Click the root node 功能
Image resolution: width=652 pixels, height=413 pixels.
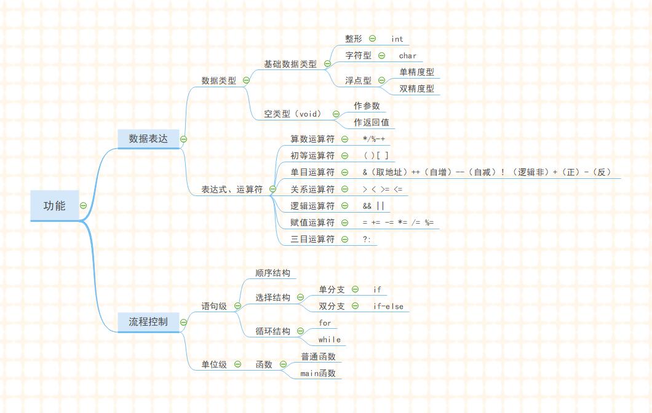54,206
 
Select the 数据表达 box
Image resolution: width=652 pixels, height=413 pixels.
148,139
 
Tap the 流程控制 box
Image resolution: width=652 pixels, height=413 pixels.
148,321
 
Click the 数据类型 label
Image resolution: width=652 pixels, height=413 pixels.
218,81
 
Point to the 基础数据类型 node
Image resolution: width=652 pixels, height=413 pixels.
290,64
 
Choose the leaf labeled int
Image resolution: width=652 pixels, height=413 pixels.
397,39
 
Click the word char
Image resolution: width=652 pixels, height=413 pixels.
407,56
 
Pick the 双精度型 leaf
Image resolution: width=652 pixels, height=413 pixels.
416,88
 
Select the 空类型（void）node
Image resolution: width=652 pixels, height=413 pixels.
293,114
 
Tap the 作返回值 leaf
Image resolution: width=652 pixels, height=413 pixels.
371,122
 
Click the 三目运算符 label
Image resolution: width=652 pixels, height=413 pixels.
312,239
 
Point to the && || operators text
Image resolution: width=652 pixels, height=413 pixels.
373,206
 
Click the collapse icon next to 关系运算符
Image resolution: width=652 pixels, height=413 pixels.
344,189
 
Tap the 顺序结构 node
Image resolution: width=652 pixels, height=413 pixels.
272,273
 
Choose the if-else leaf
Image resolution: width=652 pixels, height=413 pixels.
388,306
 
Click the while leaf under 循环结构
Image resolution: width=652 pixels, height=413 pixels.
329,339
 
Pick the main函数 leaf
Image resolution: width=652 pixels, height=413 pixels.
317,373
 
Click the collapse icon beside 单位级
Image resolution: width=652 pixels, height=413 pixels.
237,364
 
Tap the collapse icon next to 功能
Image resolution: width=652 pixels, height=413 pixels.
83,206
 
